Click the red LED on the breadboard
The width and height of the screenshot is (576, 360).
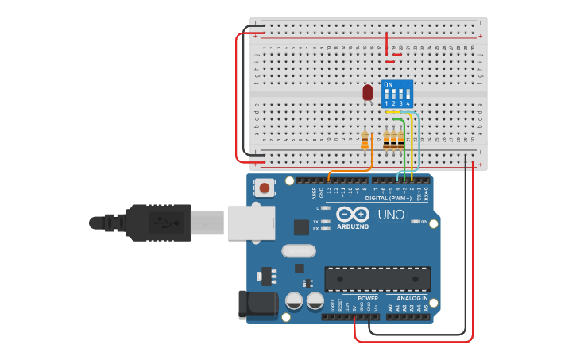pyautogui.click(x=367, y=93)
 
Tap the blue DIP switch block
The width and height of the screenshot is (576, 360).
pyautogui.click(x=396, y=94)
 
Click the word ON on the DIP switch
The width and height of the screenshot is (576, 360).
pyautogui.click(x=388, y=84)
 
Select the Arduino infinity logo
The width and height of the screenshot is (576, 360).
pyautogui.click(x=353, y=214)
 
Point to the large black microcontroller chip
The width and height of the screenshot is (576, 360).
pyautogui.click(x=377, y=279)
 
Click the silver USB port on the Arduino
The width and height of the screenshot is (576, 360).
pyautogui.click(x=250, y=223)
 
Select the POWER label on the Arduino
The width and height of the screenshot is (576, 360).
pyautogui.click(x=368, y=298)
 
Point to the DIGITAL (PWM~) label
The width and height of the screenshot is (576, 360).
pyautogui.click(x=389, y=198)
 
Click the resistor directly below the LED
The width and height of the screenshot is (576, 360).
pyautogui.click(x=365, y=141)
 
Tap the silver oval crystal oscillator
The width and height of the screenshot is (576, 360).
pyautogui.click(x=298, y=251)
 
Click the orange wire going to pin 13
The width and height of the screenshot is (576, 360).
pyautogui.click(x=350, y=170)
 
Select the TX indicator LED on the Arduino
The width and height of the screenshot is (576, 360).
pyautogui.click(x=326, y=222)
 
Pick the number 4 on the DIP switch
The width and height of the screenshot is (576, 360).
pyautogui.click(x=408, y=103)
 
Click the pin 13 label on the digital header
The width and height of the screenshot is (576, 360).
pyautogui.click(x=329, y=191)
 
